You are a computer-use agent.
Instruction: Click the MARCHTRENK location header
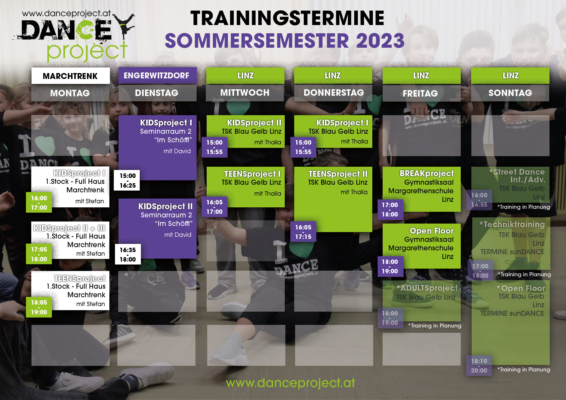pos(70,76)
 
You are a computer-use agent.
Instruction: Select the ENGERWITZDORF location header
pos(157,76)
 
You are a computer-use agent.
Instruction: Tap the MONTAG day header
pos(70,93)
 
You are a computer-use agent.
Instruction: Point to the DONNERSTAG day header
pos(334,92)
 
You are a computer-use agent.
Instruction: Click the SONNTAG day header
pos(510,93)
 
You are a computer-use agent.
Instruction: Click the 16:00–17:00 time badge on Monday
pos(39,203)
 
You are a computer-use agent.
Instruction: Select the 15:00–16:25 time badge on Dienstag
pos(128,181)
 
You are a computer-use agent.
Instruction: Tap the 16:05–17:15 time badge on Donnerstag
pos(303,232)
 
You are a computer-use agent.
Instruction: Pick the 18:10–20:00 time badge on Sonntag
pos(479,366)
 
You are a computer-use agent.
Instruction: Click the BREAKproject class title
pos(427,173)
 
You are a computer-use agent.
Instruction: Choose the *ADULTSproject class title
pos(427,288)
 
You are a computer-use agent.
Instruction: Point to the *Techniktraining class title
pos(512,224)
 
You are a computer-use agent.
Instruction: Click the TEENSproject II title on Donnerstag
pos(338,174)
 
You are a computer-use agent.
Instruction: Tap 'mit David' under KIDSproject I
pos(177,151)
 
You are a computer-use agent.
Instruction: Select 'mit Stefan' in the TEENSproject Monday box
pos(91,304)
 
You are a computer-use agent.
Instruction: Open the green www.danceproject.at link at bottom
pos(290,383)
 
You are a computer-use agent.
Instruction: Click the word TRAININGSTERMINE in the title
pos(287,18)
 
